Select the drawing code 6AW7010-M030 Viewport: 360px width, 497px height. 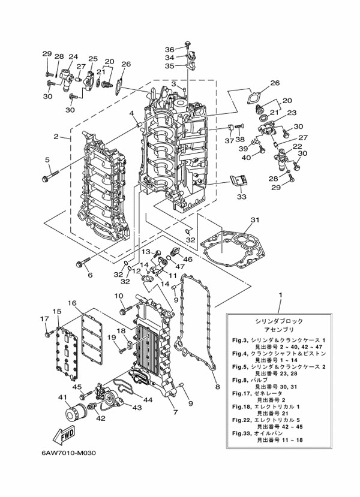coord(69,453)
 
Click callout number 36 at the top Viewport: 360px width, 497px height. coord(169,49)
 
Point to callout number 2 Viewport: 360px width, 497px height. coord(56,137)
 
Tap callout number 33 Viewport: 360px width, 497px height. coord(241,196)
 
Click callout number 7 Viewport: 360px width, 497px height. coord(174,412)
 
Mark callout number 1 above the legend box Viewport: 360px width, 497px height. coord(279,295)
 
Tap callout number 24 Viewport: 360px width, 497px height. coord(73,57)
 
